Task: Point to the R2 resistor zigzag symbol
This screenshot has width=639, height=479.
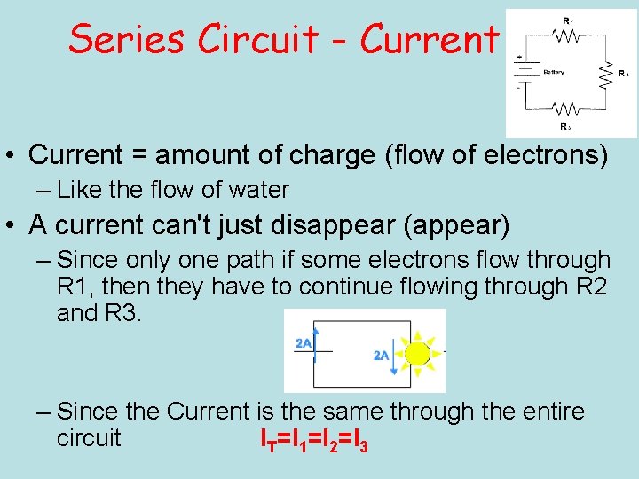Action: pos(607,75)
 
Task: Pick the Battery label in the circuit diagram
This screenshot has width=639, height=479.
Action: pos(554,72)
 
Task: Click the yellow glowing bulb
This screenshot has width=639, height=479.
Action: pos(416,354)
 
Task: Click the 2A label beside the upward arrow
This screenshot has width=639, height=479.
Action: pos(304,343)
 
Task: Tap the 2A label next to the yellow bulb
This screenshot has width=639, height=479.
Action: pos(382,356)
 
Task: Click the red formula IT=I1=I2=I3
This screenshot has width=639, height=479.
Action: pos(313,439)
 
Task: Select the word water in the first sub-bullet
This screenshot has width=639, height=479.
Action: pos(258,190)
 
